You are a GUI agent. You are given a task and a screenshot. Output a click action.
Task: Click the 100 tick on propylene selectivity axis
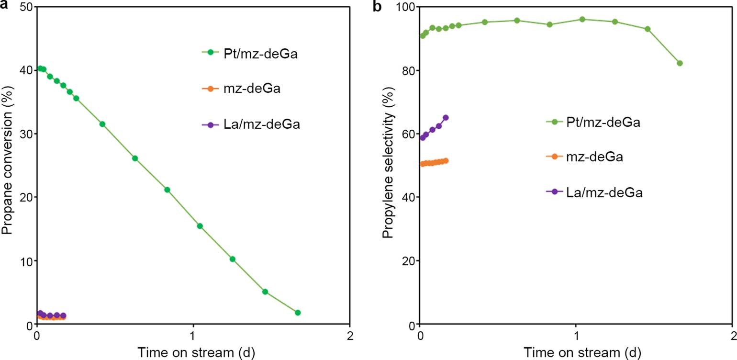402,7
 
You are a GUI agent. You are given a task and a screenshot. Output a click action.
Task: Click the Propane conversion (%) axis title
6,165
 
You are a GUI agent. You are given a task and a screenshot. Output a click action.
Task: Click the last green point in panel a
298,313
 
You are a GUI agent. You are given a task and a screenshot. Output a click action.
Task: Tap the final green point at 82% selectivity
680,63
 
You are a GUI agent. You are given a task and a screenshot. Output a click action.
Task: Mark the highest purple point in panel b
446,118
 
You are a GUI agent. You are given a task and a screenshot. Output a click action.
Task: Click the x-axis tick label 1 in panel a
193,335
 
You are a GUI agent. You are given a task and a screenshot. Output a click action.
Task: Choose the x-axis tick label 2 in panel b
731,335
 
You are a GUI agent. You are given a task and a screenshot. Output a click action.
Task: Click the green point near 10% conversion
233,259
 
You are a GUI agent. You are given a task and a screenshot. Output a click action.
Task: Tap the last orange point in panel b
446,161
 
